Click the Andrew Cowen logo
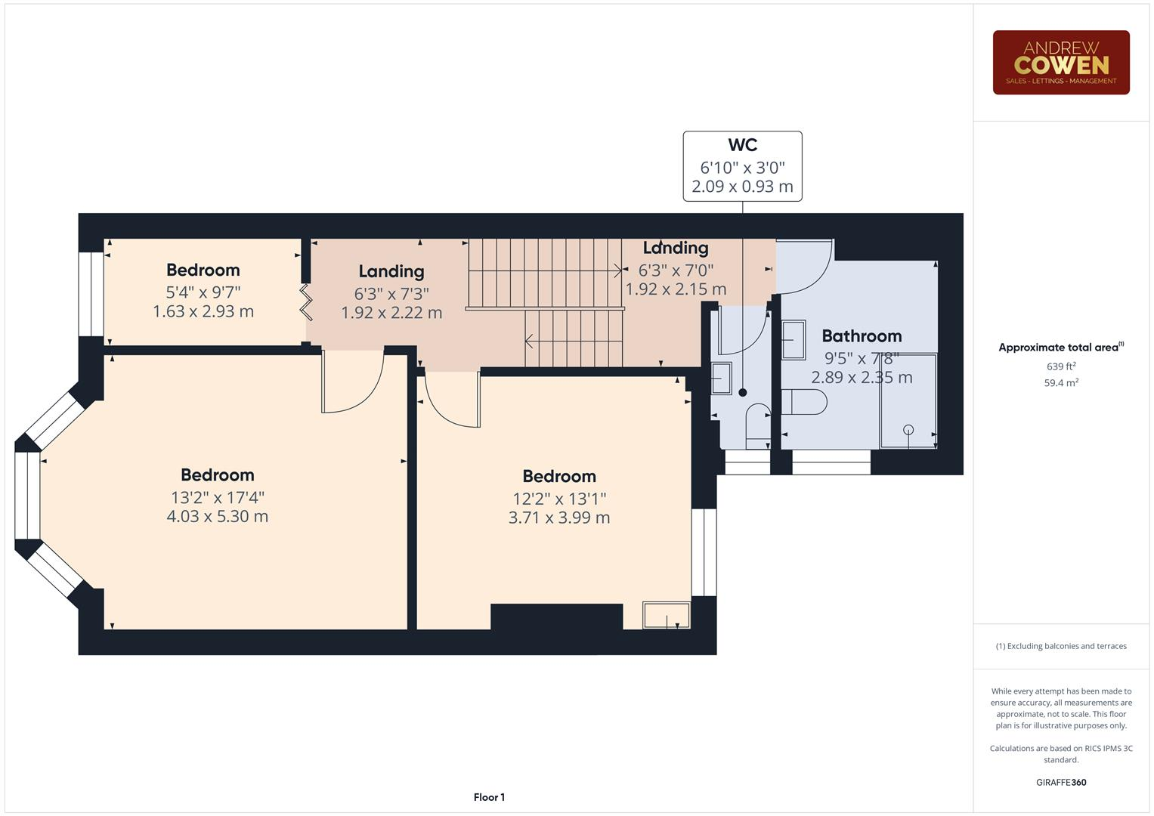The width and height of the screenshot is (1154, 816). tap(1060, 63)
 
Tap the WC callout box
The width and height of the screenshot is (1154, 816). tap(742, 166)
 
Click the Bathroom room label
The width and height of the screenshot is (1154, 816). tap(862, 336)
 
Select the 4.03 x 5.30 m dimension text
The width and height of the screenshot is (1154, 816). tap(218, 517)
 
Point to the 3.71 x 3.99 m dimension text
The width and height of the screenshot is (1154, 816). tap(559, 518)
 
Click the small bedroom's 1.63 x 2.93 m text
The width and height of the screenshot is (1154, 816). tap(203, 311)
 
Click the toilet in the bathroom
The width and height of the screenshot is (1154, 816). tap(803, 401)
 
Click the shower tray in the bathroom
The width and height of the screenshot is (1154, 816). tap(908, 400)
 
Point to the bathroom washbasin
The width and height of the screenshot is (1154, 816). tap(794, 340)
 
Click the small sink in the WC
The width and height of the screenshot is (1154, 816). tap(722, 378)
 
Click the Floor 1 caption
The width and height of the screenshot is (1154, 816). tap(489, 797)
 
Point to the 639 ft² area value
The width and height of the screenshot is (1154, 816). tap(1061, 366)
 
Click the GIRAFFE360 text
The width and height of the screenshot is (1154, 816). tap(1061, 782)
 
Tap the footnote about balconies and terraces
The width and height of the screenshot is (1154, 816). tap(1061, 646)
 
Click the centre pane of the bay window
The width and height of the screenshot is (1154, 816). tap(27, 496)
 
